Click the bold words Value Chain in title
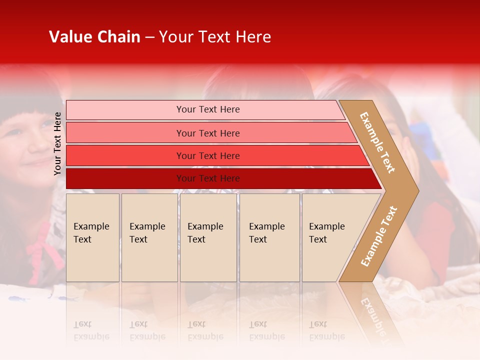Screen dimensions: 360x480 94,37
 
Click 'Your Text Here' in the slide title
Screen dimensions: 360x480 215,37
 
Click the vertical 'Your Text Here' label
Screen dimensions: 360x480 57,144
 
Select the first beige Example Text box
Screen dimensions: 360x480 92,237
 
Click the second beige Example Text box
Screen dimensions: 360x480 149,237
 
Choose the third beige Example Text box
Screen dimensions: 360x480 208,237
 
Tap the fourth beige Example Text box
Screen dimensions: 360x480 269,237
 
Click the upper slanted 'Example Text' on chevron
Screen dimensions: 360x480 377,142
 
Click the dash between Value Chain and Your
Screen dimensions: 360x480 149,37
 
